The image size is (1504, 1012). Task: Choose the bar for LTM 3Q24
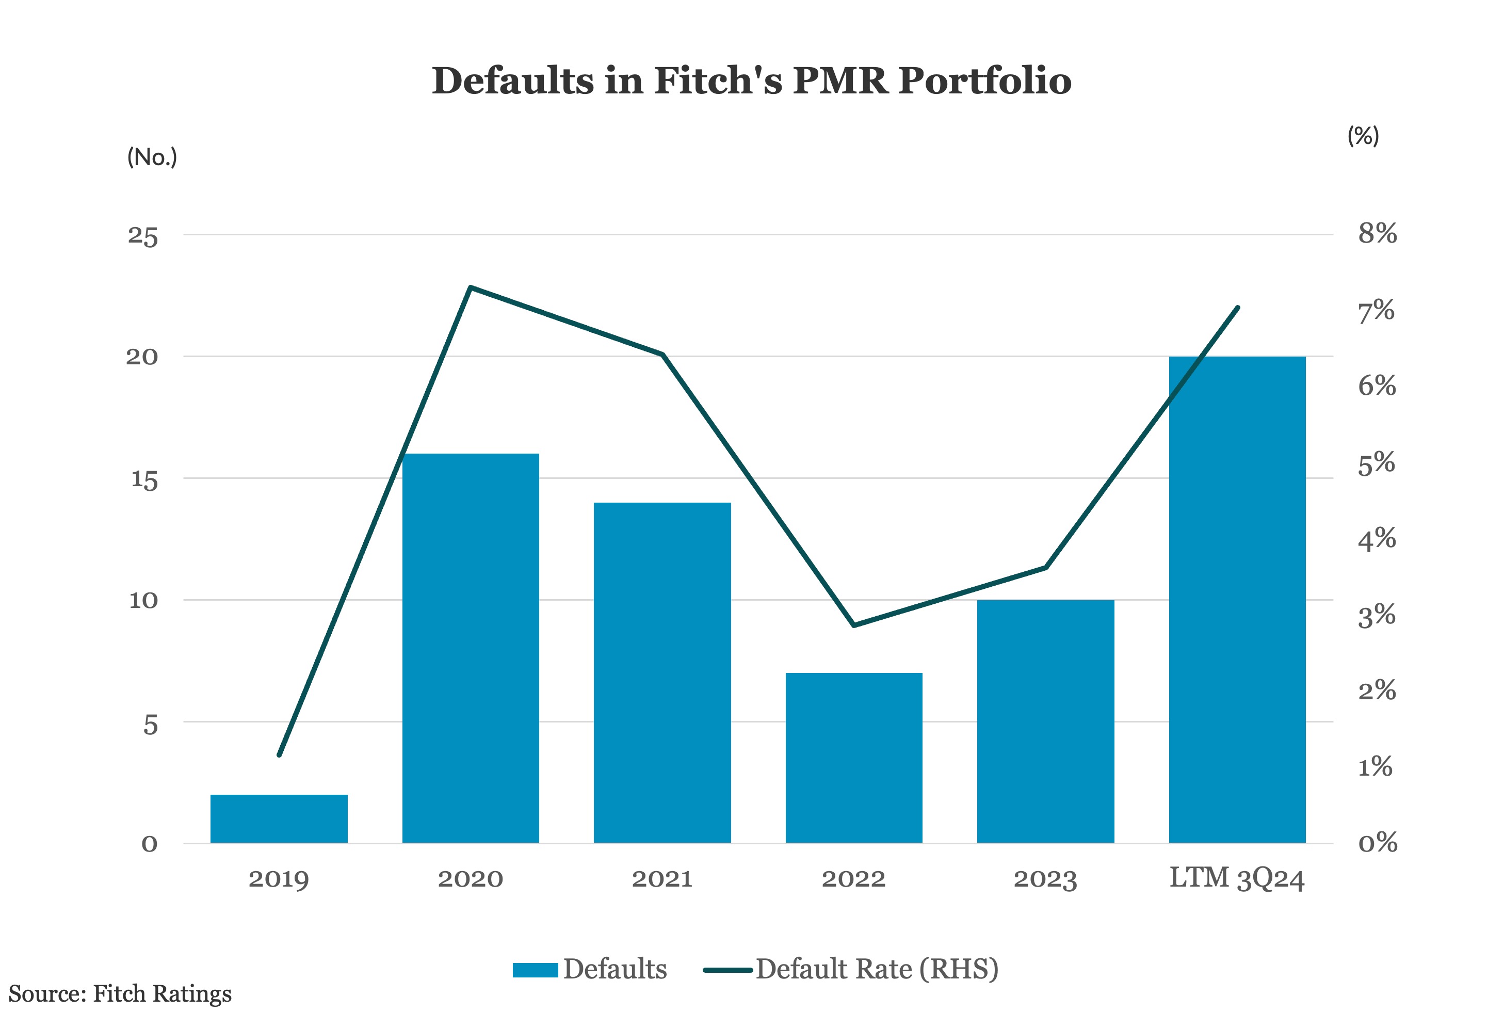click(1237, 600)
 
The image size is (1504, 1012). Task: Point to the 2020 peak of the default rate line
click(471, 287)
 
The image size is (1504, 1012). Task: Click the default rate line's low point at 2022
click(853, 625)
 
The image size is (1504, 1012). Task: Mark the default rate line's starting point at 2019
click(279, 754)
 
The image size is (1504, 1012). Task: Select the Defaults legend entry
click(590, 969)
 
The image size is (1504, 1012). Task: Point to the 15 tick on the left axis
click(144, 479)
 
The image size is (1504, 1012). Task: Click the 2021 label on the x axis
click(662, 878)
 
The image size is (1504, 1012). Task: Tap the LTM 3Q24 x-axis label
click(1237, 878)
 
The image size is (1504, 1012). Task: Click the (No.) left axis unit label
click(152, 157)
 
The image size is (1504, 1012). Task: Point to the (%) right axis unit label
click(1363, 136)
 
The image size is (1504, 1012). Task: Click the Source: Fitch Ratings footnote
click(120, 993)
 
